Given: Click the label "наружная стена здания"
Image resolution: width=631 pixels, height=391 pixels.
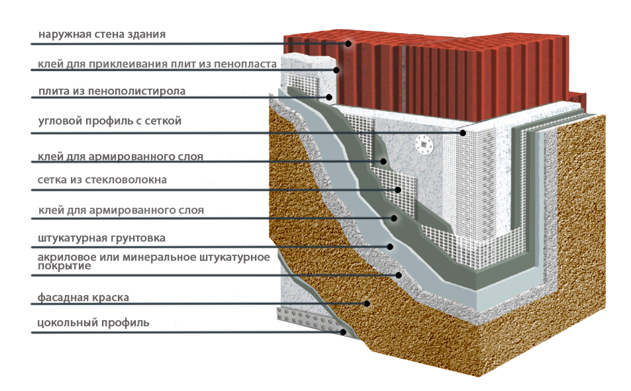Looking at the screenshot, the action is (x=102, y=34).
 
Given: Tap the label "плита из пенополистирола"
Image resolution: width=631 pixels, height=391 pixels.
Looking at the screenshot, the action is (x=112, y=91).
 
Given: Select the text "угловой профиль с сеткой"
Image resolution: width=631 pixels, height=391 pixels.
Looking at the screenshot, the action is (x=109, y=121).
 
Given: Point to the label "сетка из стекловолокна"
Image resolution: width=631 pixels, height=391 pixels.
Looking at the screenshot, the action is (x=102, y=180).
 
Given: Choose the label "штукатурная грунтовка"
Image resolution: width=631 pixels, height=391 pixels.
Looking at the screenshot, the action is (x=101, y=238).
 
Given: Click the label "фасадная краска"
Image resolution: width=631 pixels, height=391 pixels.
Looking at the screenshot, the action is (x=83, y=298).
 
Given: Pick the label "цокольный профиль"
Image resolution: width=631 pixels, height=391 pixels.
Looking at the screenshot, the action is (x=93, y=323).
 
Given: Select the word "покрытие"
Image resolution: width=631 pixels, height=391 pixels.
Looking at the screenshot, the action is (x=64, y=266).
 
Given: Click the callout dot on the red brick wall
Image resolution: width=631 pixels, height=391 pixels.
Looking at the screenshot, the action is (x=348, y=44).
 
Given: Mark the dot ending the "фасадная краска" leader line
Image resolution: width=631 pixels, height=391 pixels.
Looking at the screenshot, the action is (x=367, y=304).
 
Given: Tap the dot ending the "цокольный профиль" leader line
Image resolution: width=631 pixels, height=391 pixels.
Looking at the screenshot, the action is (x=343, y=332).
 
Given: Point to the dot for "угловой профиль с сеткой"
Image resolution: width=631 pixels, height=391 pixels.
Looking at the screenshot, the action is (x=463, y=133).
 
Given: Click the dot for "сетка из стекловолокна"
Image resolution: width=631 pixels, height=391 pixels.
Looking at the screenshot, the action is (x=398, y=190).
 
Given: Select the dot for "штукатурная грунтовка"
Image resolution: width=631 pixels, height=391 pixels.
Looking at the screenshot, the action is (x=389, y=247).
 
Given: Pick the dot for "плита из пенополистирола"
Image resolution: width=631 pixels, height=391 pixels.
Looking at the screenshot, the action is (x=329, y=97).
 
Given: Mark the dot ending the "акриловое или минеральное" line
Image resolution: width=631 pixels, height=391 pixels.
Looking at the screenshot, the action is (x=399, y=275).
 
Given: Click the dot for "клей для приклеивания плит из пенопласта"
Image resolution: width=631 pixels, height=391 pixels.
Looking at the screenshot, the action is (x=336, y=70).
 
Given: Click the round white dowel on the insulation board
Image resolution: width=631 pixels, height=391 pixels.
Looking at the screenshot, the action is (x=423, y=144).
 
